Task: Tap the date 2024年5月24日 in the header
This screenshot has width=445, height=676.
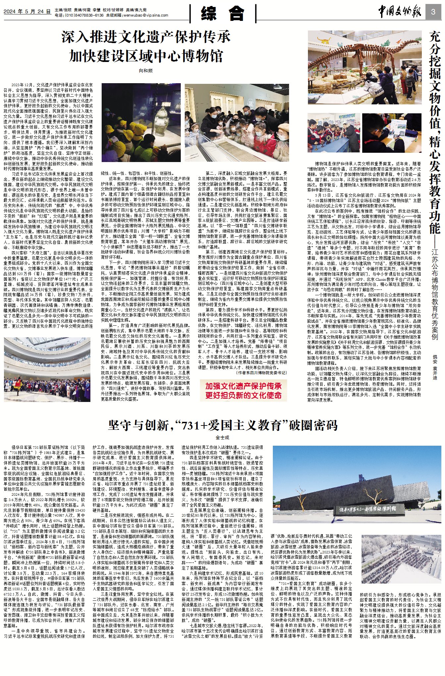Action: coord(27,12)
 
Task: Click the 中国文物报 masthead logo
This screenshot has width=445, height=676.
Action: coord(400,12)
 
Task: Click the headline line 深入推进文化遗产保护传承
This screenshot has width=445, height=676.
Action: coord(146,37)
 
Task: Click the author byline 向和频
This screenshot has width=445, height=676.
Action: coord(146,71)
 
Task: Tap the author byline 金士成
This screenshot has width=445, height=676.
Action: coord(222,437)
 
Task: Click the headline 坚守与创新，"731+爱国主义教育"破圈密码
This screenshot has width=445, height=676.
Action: coord(222,425)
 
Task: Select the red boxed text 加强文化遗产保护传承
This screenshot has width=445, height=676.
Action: coord(243,386)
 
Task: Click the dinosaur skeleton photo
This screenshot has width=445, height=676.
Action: coord(364,68)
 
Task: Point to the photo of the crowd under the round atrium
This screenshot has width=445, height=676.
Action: coord(47,369)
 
